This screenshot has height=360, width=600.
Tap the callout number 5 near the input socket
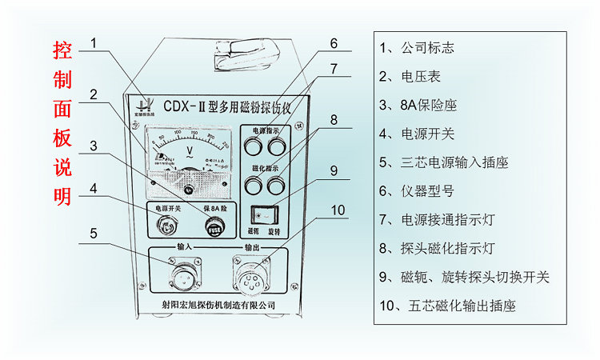[x=94, y=234]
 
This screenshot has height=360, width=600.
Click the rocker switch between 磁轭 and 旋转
[x=261, y=214]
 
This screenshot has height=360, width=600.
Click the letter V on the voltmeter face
[x=190, y=150]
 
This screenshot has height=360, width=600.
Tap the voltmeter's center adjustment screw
[x=190, y=190]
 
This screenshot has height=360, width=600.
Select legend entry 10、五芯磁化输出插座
[x=447, y=305]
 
